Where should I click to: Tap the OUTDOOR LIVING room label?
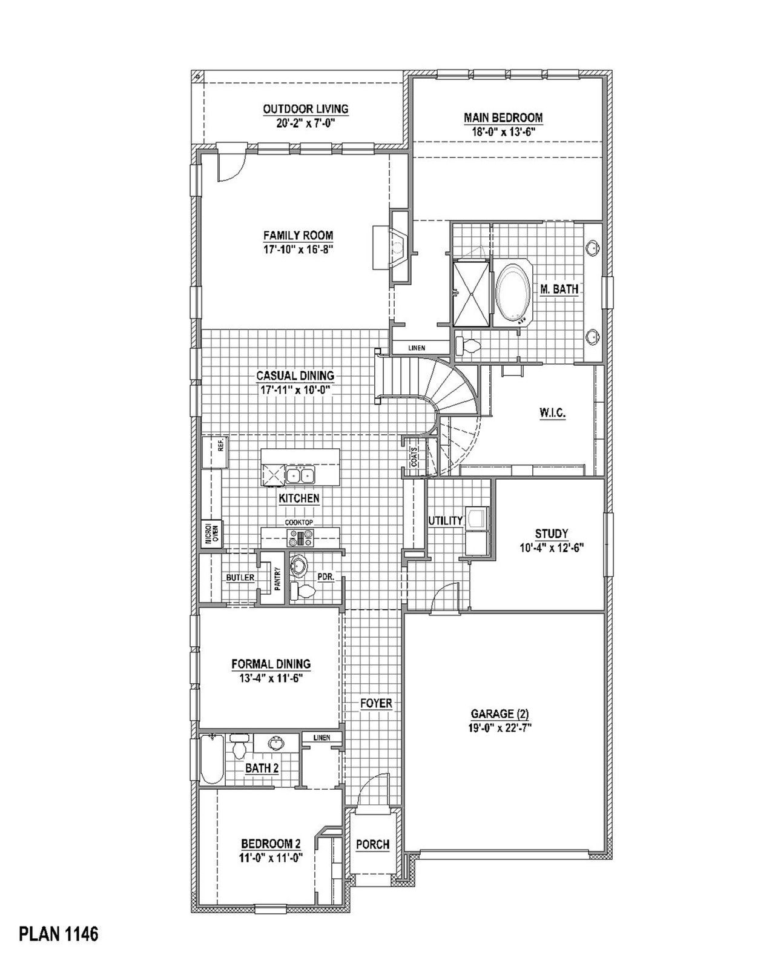(305, 109)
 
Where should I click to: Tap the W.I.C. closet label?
(552, 414)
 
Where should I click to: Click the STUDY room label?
(551, 534)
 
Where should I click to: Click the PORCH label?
(372, 844)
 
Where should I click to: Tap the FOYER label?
(376, 703)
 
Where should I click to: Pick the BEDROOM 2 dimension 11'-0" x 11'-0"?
(271, 858)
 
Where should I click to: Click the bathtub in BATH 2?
(212, 759)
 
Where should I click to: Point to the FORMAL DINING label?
(271, 664)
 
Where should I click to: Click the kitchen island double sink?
(300, 475)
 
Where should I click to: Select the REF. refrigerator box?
(214, 451)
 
